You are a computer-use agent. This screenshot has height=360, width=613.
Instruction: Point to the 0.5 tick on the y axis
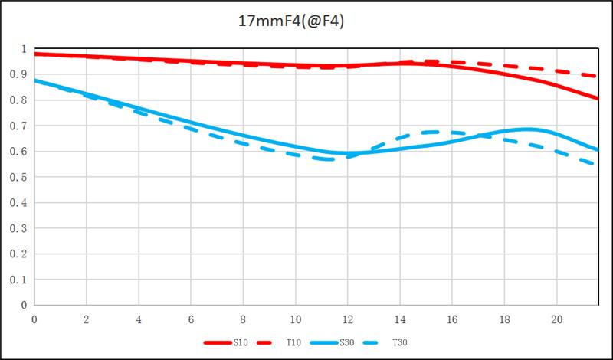[23, 177]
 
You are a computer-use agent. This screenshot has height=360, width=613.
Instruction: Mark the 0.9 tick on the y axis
[23, 75]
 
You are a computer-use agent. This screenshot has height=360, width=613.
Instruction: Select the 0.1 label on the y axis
[23, 280]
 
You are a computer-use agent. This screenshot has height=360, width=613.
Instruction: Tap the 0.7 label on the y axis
[23, 126]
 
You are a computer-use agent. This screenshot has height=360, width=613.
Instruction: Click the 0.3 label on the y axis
[23, 228]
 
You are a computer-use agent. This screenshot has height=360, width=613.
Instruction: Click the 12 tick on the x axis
[348, 318]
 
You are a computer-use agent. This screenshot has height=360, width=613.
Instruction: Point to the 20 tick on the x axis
[557, 318]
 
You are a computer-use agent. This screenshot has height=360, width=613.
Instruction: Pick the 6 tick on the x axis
[191, 318]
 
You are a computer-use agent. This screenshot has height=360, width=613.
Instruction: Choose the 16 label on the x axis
[452, 318]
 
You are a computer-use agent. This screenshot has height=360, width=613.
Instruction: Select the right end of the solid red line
[598, 98]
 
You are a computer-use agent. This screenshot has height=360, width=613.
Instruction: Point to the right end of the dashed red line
[598, 76]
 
